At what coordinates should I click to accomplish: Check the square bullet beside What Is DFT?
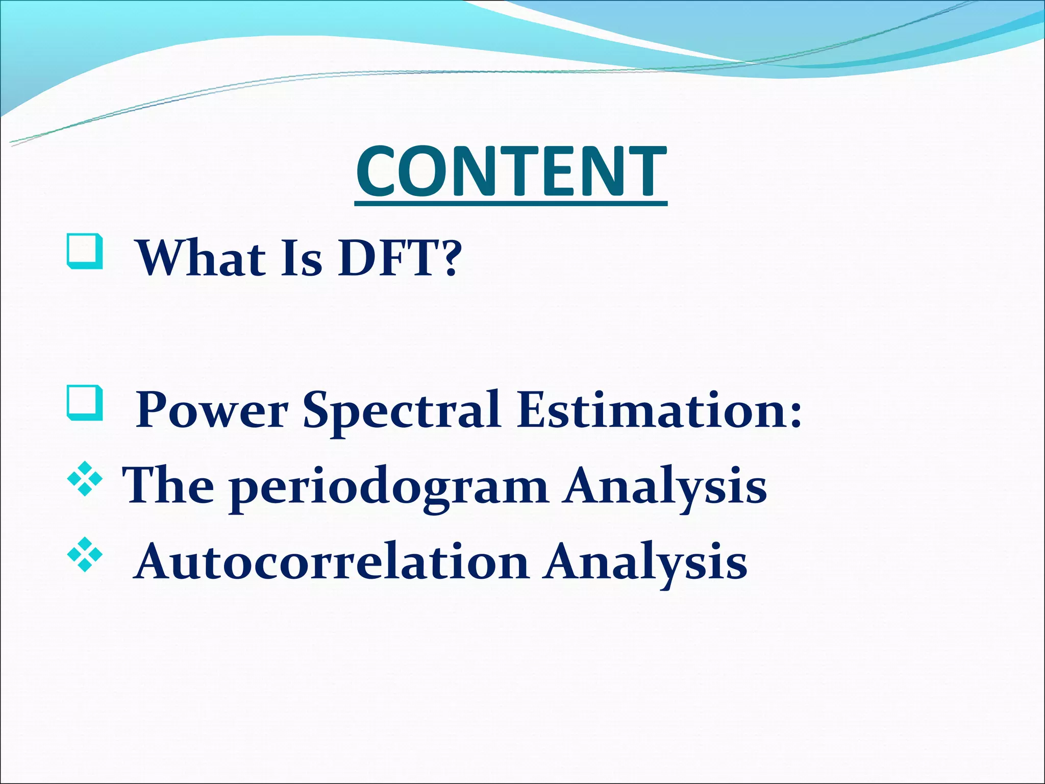pyautogui.click(x=85, y=251)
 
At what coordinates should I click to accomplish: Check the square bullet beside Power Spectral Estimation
pyautogui.click(x=85, y=403)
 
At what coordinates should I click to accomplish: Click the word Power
pyautogui.click(x=212, y=411)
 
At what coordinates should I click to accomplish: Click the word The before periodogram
pyautogui.click(x=168, y=486)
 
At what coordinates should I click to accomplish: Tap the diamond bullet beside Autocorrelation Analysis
pyautogui.click(x=85, y=554)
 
